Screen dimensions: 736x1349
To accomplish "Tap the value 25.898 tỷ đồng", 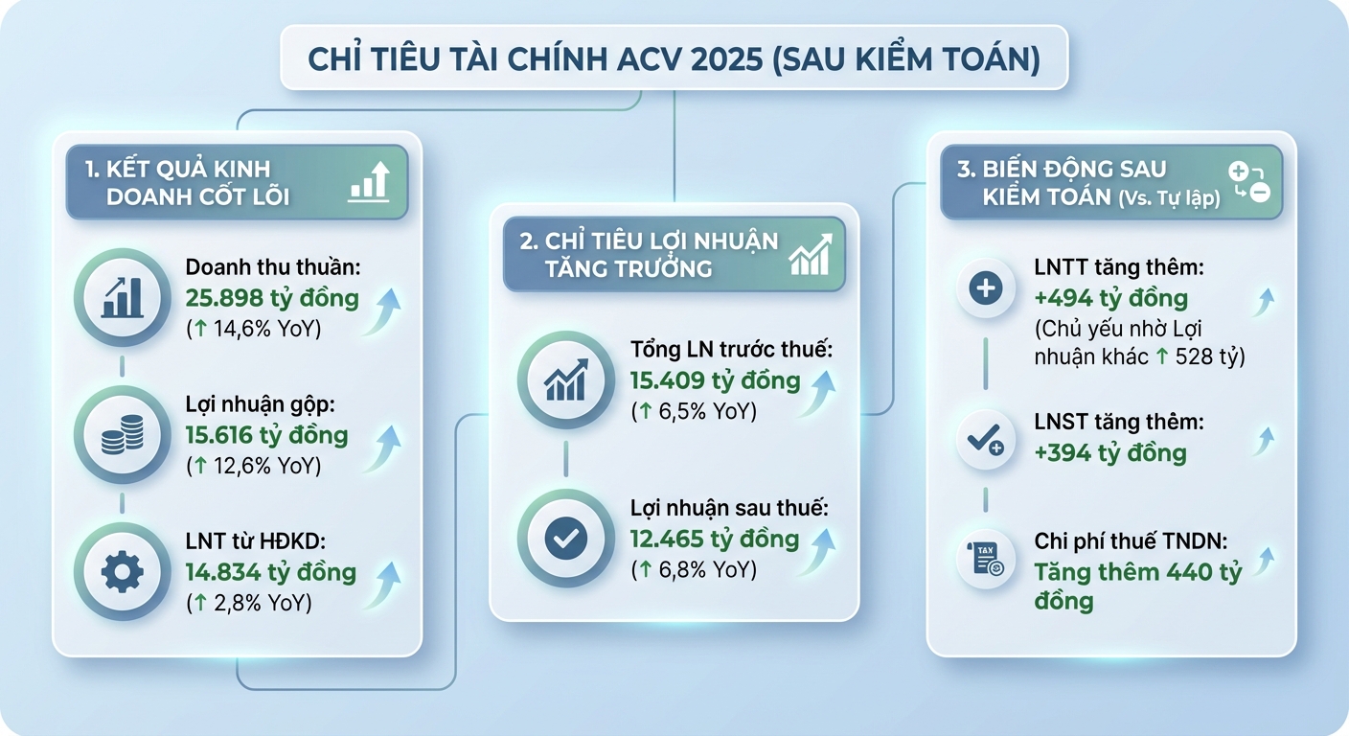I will [x=272, y=298].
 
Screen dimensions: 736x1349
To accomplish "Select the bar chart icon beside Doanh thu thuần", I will [x=122, y=297].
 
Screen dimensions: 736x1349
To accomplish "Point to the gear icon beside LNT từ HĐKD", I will [x=122, y=572].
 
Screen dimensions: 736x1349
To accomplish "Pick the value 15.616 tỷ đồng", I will [x=266, y=435].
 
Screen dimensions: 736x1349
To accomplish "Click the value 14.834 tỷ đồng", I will [x=270, y=573].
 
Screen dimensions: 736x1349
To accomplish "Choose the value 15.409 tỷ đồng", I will [x=715, y=380].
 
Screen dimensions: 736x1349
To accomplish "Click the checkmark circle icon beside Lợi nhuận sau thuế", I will [x=565, y=538].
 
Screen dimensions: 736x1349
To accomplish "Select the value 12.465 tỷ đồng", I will [x=714, y=539].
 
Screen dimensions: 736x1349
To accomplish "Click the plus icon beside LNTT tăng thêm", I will [x=986, y=287].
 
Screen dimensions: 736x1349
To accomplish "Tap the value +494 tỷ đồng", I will [x=1110, y=298].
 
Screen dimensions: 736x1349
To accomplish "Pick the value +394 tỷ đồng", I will [x=1109, y=452].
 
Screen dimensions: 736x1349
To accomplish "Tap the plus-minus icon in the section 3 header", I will [x=1248, y=182].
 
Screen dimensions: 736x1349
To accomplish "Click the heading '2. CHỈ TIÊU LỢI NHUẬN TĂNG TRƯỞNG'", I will [x=648, y=254].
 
